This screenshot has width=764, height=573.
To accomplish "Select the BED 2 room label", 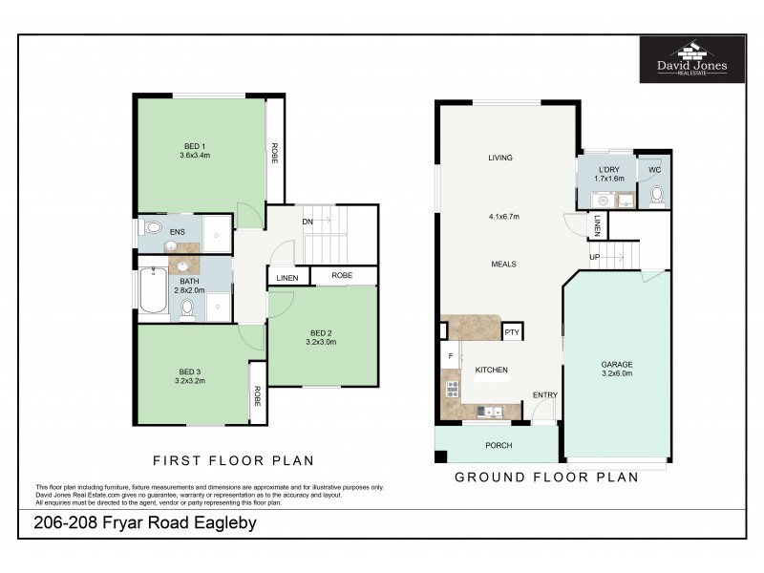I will [322, 336].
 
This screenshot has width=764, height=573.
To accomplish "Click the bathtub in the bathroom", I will [153, 291].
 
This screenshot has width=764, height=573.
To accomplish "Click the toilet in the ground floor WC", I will [656, 196].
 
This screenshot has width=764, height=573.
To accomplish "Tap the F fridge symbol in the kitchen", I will [450, 356].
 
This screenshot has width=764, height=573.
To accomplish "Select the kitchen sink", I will [493, 412].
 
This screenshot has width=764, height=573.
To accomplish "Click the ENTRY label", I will [545, 395].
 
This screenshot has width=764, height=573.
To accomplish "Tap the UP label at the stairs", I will [595, 257].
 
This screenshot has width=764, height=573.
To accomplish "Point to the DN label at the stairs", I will [308, 222].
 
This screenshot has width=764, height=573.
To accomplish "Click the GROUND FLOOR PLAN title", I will [545, 477].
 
